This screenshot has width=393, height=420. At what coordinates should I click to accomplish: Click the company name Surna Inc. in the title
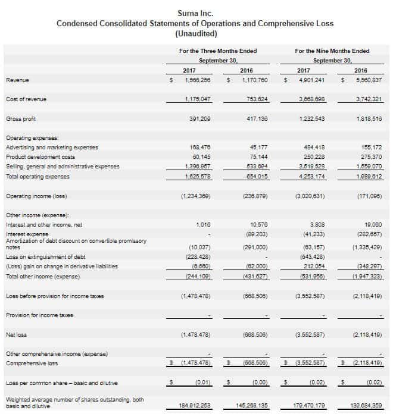[x=195, y=12]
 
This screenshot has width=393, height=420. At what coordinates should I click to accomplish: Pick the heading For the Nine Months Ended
[x=332, y=51]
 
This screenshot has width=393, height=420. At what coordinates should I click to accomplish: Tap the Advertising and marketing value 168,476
[x=199, y=147]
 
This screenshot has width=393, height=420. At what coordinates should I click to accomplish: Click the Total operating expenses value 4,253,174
[x=312, y=177]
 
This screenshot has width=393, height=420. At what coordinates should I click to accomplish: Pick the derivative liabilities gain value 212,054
[x=314, y=266]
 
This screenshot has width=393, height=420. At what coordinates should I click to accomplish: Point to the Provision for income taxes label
[x=39, y=315]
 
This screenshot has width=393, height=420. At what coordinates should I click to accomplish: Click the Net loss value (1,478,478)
[x=194, y=335]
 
